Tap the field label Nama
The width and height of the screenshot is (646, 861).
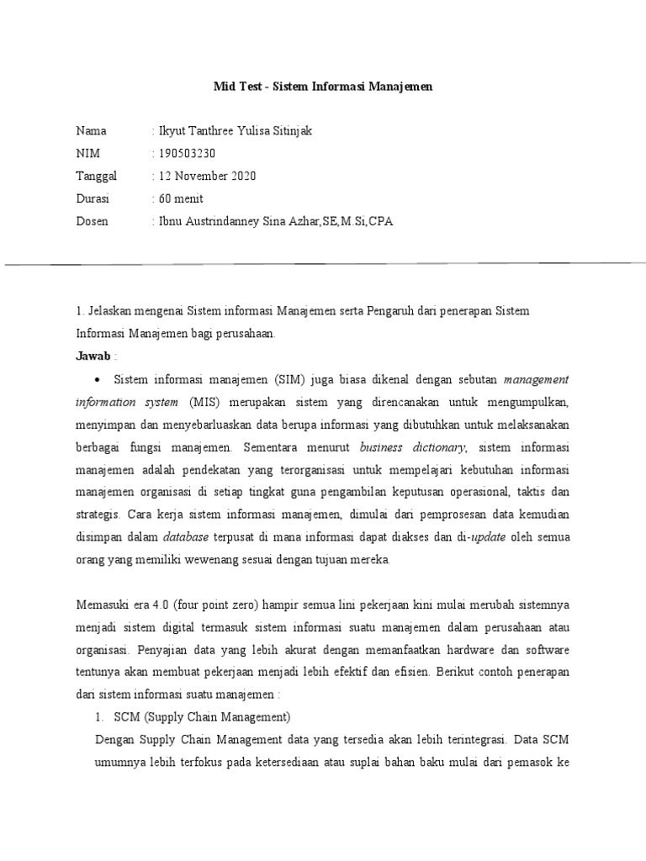(92, 131)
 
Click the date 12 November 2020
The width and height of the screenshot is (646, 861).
(206, 176)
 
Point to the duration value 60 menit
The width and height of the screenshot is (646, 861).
(180, 198)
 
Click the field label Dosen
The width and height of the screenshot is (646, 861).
(93, 221)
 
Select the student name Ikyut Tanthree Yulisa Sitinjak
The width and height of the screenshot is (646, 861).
(227, 131)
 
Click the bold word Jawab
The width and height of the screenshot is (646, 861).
(93, 356)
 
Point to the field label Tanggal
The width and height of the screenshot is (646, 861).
(98, 176)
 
